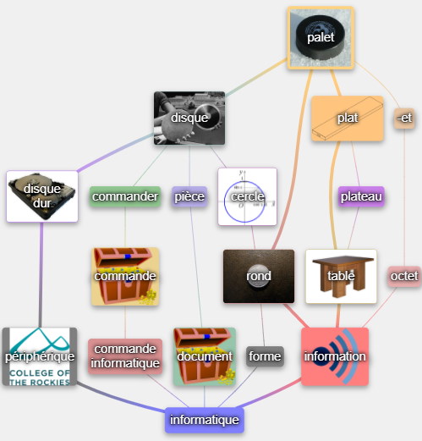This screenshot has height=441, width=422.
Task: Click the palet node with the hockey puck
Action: [x=321, y=38]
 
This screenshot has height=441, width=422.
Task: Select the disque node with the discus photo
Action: [x=189, y=118]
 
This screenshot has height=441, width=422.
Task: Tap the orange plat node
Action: [x=348, y=119]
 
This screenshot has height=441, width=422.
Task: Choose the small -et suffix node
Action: [x=404, y=119]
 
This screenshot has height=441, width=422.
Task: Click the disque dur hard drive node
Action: [x=42, y=196]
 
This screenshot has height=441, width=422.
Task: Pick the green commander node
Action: [x=125, y=196]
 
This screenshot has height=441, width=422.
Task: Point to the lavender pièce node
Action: [x=189, y=196]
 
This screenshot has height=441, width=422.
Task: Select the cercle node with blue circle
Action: [x=248, y=196]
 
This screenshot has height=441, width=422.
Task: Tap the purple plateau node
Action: [x=361, y=196]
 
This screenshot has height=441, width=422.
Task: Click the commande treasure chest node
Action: [x=125, y=277]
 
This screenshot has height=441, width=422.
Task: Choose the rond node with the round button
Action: [x=259, y=277]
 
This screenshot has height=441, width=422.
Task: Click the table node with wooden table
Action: [x=341, y=277]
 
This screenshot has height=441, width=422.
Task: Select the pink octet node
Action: [x=404, y=277]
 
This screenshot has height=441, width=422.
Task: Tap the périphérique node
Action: [x=40, y=356]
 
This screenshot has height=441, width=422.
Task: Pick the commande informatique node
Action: [x=125, y=356]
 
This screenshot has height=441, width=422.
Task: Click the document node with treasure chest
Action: [x=205, y=356]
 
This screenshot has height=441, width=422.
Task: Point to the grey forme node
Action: [x=265, y=356]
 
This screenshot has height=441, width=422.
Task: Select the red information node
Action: [x=335, y=356]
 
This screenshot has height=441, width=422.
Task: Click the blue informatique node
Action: [x=205, y=420]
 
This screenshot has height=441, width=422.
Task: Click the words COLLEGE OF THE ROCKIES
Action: [x=40, y=378]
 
